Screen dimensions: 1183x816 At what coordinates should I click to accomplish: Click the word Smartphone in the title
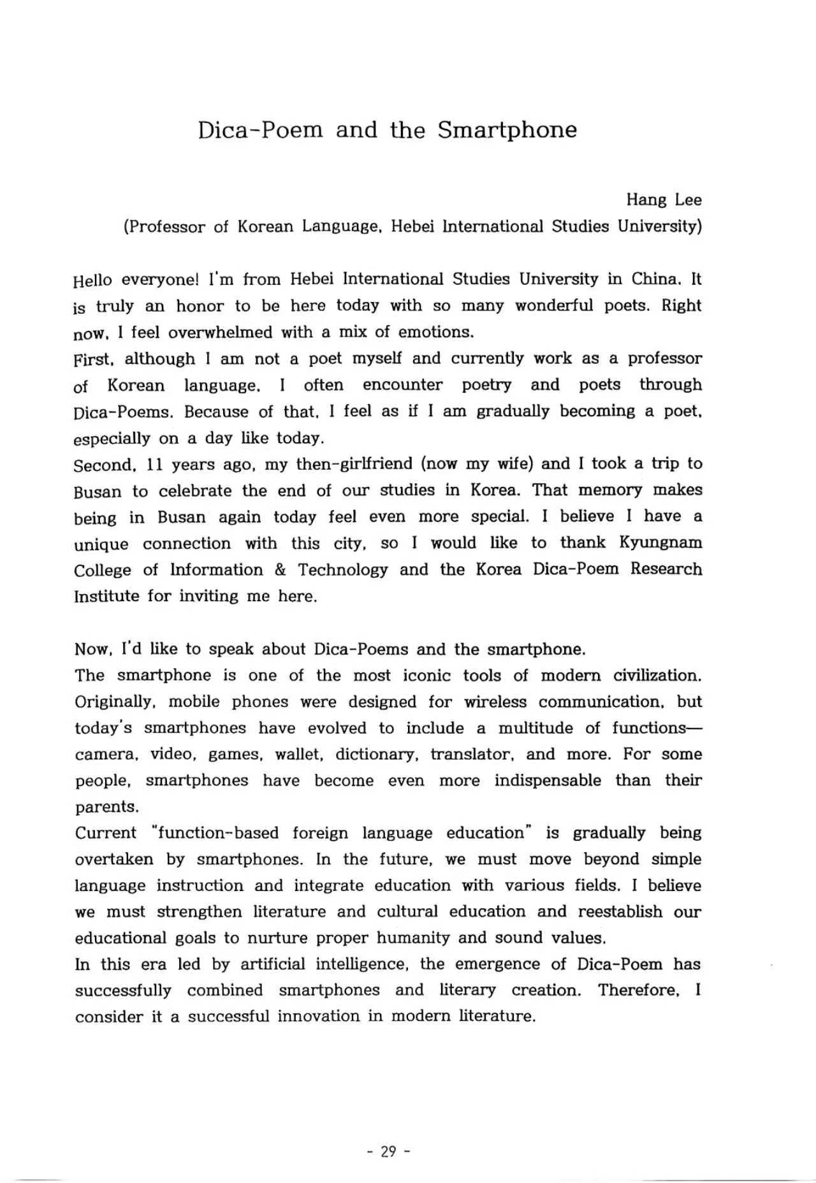tap(507, 131)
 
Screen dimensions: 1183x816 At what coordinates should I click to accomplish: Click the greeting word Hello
tap(93, 280)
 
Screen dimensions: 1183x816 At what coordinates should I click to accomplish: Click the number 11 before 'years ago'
tap(156, 465)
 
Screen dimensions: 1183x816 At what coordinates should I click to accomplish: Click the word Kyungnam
tap(660, 542)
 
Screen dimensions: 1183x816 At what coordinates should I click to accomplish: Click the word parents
tap(106, 808)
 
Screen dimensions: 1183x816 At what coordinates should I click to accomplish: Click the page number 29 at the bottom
tap(388, 1152)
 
